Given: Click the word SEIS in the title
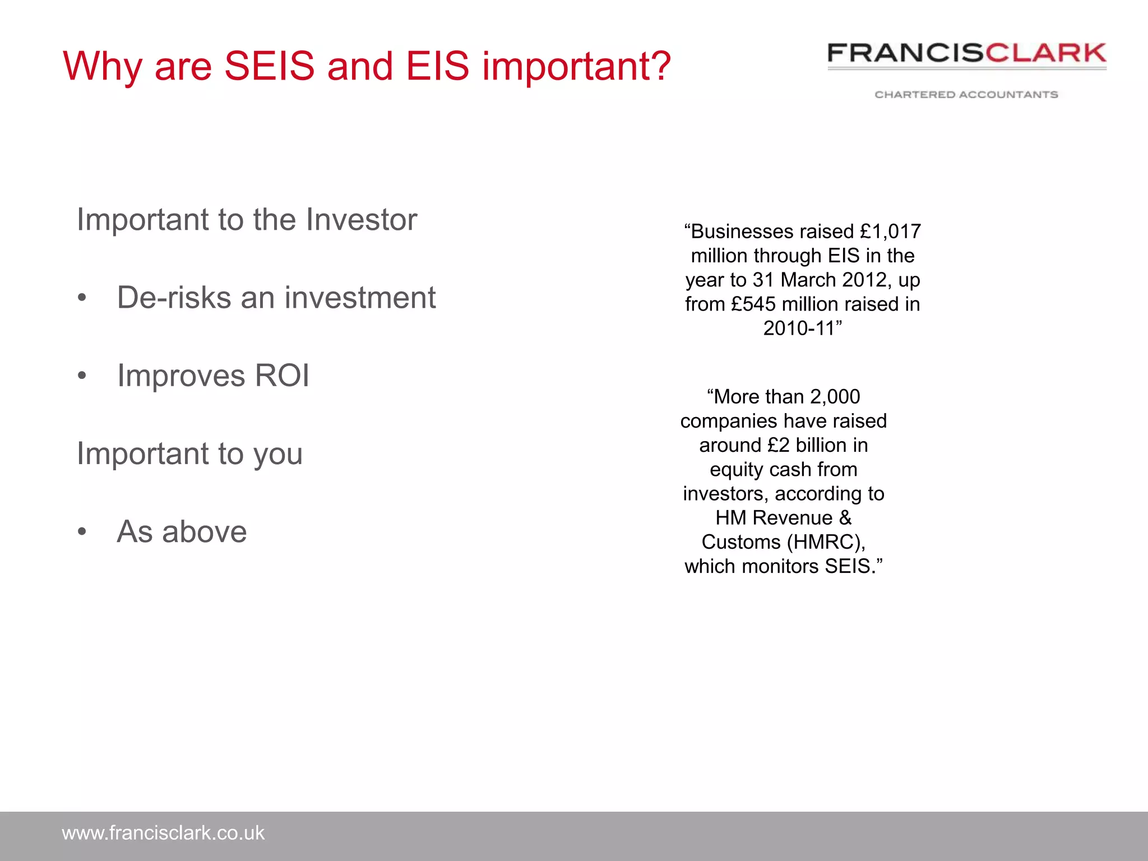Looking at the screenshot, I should [x=270, y=67].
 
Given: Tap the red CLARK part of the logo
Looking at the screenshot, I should [x=1046, y=53].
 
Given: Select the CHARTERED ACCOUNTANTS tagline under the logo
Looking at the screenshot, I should [x=966, y=95].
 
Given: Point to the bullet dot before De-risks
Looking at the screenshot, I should [x=82, y=298].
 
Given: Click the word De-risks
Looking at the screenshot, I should [x=174, y=298].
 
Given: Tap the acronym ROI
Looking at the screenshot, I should [x=282, y=376].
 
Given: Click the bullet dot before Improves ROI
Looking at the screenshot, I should [x=82, y=376].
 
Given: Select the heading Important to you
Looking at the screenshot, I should [x=189, y=453].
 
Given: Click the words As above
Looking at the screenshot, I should [x=182, y=532].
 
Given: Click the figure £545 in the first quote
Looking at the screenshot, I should [x=754, y=304].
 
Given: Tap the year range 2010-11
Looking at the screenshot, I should [x=799, y=328].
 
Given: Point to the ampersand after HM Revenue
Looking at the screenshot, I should [x=845, y=518].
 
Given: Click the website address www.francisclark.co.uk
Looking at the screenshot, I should [x=163, y=834].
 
